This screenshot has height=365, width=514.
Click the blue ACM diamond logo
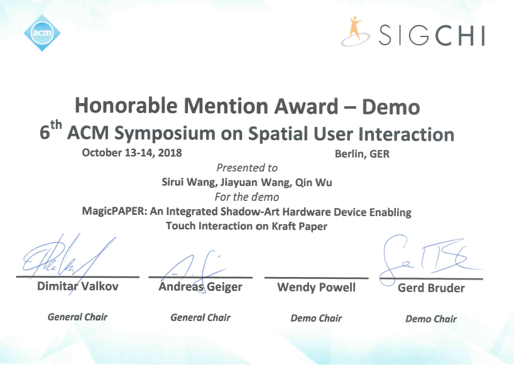pos(42,33)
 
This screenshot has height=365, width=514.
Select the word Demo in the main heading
pos(391,107)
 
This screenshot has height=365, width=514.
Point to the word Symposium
pos(165,134)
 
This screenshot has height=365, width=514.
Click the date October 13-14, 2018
pos(132,153)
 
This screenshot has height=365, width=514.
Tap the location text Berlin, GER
pos(362,154)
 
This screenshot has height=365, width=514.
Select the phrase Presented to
pos(247,168)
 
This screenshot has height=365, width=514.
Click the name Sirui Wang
pos(189,182)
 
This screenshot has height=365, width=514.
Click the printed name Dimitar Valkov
pos(78,286)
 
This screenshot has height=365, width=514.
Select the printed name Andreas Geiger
pos(200,286)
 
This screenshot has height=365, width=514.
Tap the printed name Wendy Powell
pos(316,287)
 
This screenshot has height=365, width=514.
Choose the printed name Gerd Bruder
pos(431,288)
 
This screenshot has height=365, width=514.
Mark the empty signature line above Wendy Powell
pos(316,278)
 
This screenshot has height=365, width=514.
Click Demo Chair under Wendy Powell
pos(316,318)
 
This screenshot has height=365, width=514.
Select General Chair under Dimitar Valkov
pos(78,317)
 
